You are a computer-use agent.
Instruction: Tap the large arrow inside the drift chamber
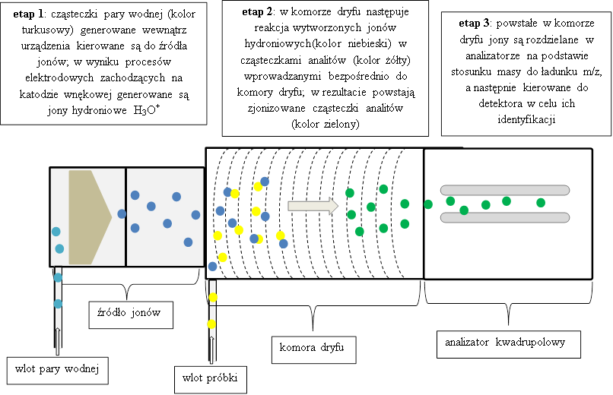[313, 204]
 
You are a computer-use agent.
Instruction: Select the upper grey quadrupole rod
[503, 190]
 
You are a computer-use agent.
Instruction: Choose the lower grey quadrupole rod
[503, 217]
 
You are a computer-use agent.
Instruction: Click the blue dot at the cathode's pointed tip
[122, 213]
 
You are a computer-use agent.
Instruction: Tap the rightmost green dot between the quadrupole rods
[541, 203]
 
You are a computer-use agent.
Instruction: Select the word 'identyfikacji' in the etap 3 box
[525, 121]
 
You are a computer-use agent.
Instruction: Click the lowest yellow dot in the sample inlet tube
[211, 324]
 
